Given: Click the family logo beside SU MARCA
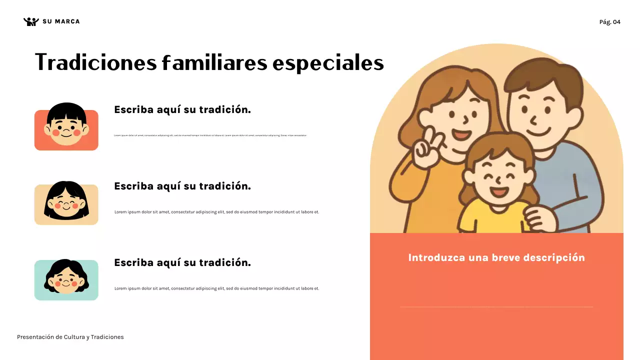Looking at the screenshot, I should pos(31,21).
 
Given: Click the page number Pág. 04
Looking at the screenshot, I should pos(609,22).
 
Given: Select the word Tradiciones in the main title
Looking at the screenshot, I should pos(95,63).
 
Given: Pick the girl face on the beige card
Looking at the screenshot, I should pos(66,201).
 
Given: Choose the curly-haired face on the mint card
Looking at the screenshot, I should pos(66,278).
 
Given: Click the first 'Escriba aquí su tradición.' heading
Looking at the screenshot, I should pos(182,110).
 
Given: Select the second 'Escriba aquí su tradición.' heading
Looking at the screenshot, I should pos(182,186).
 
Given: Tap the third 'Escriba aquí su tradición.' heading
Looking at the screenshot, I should pos(182,263).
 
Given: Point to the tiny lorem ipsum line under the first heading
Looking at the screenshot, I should pos(210,135).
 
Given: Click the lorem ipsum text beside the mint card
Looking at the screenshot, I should pos(216,288).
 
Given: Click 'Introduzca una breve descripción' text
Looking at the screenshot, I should pos(496,258).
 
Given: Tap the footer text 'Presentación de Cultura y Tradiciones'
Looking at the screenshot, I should pos(70,337).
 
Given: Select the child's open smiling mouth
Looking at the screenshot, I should pos(498,191).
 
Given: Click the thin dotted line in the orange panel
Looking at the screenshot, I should pos(496,306).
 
